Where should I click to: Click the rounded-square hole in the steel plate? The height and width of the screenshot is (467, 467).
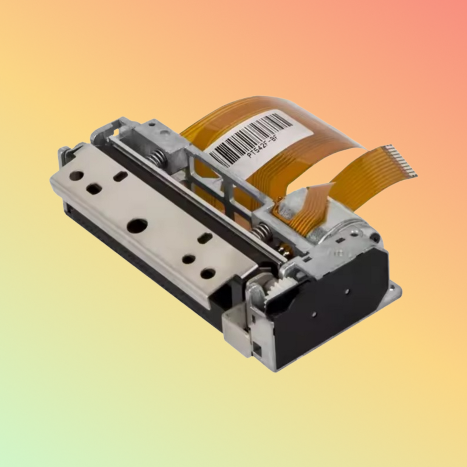click(94, 189)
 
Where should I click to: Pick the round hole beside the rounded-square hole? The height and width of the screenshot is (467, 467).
click(77, 175)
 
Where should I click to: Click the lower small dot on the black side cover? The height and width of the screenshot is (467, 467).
click(313, 313)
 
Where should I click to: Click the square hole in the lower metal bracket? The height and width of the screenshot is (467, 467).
click(258, 348)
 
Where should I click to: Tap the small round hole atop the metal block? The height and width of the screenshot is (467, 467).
click(166, 132)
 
